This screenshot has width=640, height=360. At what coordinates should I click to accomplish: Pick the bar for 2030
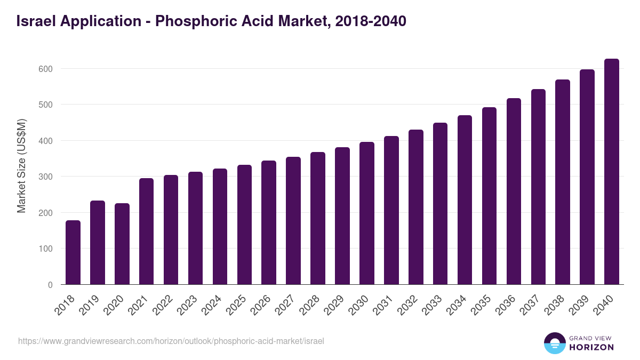[366, 213]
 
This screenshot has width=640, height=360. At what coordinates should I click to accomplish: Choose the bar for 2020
[122, 244]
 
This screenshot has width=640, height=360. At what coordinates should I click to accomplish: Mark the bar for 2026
[269, 222]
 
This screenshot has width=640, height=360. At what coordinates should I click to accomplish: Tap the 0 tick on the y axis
[50, 285]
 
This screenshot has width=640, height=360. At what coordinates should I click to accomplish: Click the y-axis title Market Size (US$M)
[21, 165]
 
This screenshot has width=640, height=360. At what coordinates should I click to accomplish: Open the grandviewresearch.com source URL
[171, 341]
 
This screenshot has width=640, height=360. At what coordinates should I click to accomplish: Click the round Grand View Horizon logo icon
[554, 343]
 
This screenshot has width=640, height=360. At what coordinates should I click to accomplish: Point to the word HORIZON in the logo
[591, 347]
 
